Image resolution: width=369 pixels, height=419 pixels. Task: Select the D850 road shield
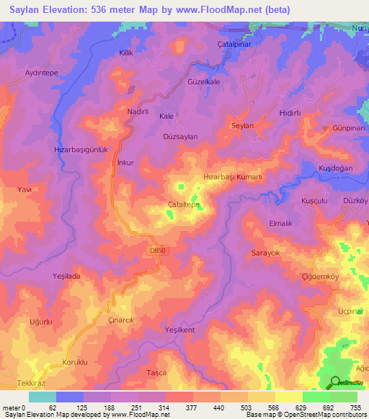(158, 250)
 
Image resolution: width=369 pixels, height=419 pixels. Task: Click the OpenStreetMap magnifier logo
(335, 382)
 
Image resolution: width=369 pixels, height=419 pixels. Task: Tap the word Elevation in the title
(72, 10)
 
